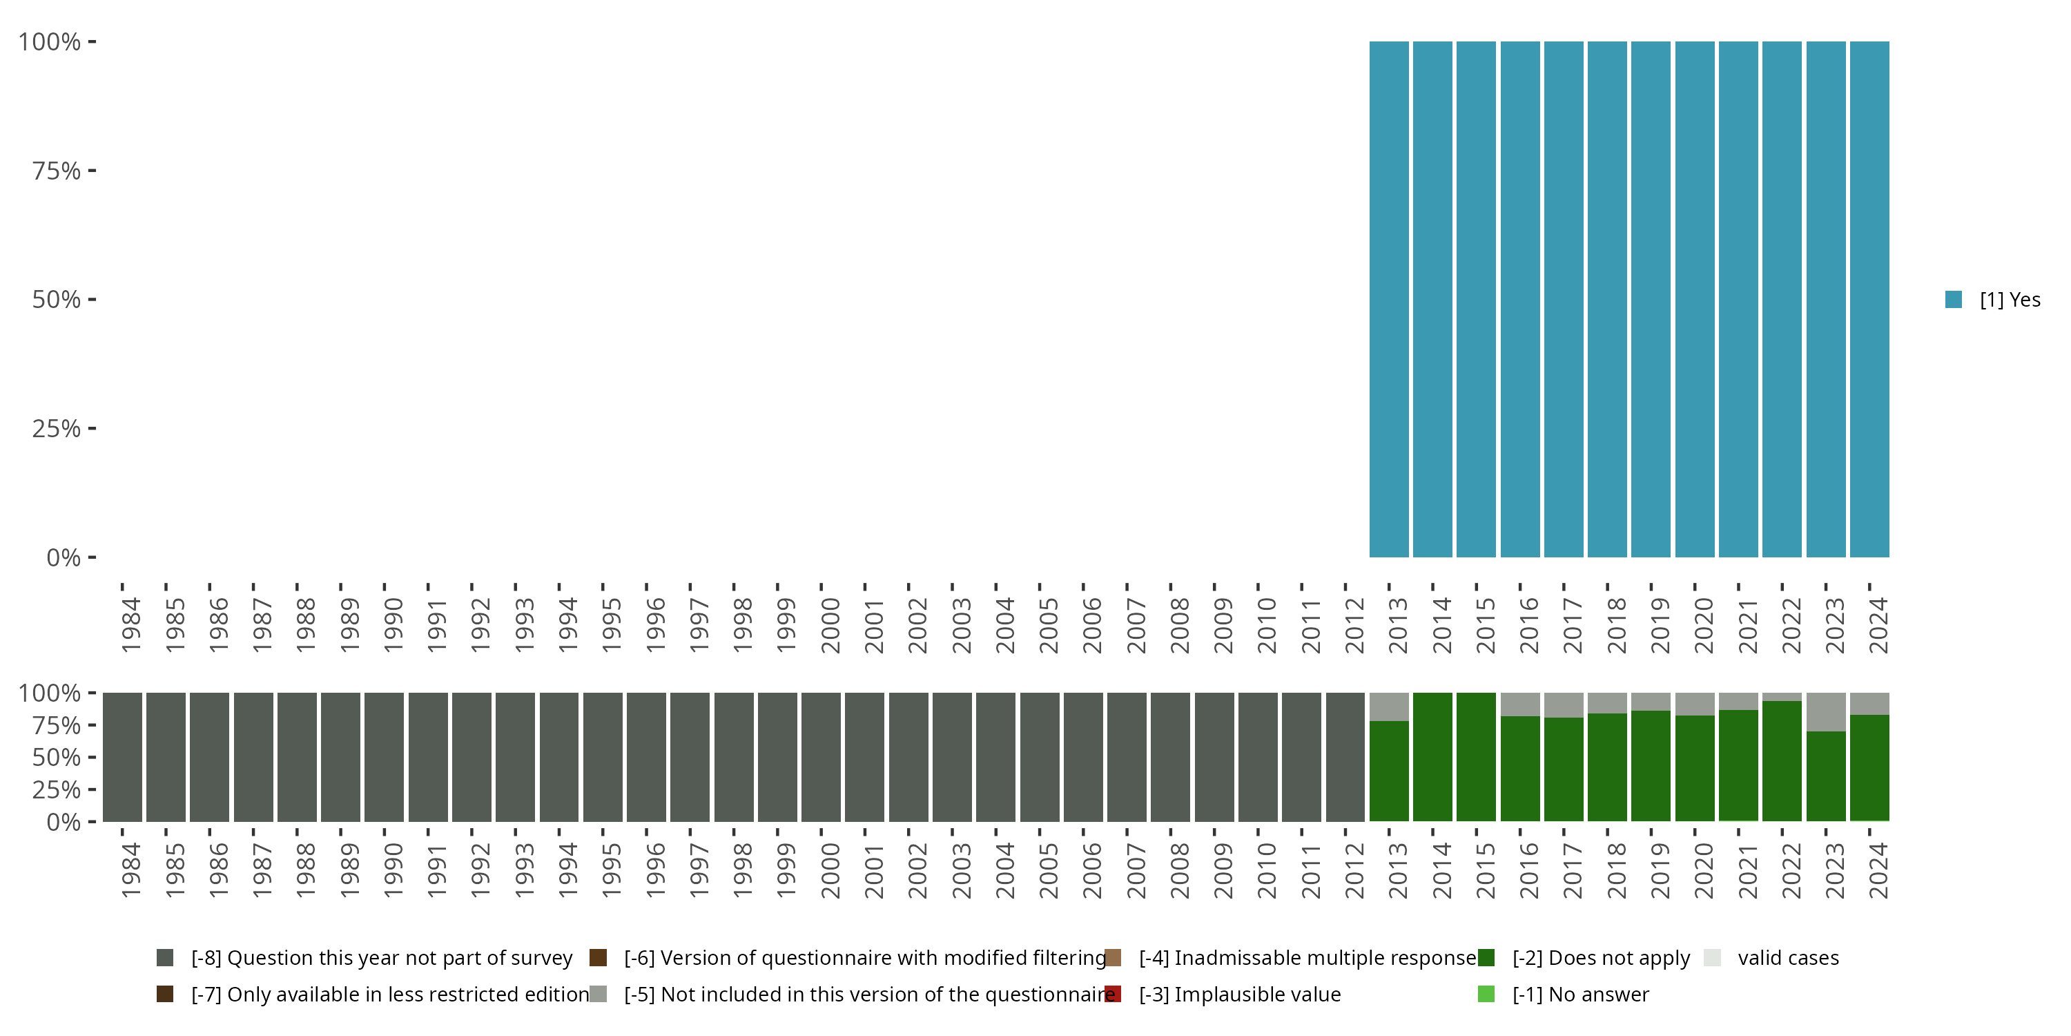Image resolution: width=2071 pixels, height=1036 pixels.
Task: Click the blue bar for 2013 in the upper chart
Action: tap(1388, 299)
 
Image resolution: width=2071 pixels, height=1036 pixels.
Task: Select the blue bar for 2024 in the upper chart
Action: tap(1869, 299)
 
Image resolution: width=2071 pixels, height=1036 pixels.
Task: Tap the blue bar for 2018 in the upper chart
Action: tap(1607, 299)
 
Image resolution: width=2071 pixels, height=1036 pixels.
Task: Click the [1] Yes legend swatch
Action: tap(1953, 299)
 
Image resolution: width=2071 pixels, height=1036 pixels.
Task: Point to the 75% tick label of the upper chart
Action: tap(57, 171)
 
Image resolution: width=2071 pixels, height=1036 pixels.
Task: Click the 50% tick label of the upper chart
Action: tap(57, 299)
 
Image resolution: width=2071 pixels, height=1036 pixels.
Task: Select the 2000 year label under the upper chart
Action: tap(830, 626)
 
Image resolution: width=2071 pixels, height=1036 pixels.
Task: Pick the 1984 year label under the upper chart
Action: tap(131, 626)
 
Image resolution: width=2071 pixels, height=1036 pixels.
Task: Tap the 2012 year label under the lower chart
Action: tap(1354, 871)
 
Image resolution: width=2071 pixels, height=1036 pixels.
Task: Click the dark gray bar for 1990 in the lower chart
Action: tap(385, 757)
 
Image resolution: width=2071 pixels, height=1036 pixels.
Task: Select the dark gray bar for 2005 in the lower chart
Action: tap(1040, 757)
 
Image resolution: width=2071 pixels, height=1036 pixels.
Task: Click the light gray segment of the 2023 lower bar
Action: tap(1826, 712)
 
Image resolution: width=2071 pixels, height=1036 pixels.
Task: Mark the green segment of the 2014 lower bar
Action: tap(1432, 757)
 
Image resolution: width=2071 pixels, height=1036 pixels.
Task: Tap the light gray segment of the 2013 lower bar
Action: tap(1388, 707)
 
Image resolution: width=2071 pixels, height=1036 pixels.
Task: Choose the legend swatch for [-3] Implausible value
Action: tap(1113, 994)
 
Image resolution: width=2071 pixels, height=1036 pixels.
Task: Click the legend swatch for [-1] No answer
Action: tap(1486, 994)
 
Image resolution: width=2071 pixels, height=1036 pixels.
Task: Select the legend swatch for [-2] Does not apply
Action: tap(1486, 957)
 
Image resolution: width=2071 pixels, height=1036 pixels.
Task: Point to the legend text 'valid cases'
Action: tap(1788, 957)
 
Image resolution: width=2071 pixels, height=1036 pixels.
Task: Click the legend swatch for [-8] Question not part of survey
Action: tap(165, 957)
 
